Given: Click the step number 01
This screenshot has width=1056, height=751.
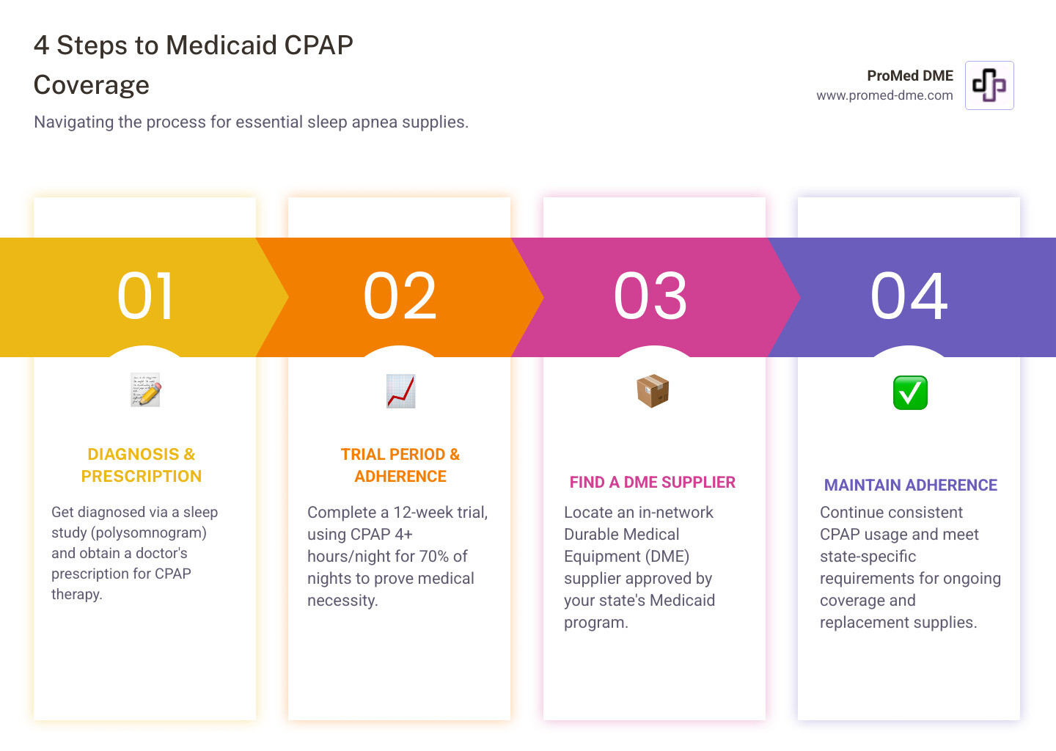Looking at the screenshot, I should click(145, 296).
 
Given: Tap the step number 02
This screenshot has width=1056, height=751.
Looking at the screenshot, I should click(400, 296).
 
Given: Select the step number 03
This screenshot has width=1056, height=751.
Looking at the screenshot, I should click(650, 296).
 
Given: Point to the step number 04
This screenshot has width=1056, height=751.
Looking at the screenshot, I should click(909, 296).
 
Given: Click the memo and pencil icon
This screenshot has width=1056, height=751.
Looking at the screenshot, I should click(145, 390).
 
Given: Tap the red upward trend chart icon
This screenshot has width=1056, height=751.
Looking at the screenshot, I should click(400, 391).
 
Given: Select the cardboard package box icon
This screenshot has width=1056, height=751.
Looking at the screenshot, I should click(653, 390).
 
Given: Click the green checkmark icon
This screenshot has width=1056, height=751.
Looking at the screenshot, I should click(909, 392).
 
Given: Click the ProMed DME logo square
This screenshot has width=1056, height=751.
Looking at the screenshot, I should click(989, 85).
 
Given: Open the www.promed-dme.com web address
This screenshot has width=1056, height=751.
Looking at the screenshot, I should click(884, 95).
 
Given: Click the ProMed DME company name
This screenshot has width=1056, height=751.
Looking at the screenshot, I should click(909, 76).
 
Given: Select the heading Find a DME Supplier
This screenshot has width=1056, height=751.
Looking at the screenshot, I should click(652, 483).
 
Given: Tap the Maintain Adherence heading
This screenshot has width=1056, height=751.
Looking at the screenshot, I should click(910, 486).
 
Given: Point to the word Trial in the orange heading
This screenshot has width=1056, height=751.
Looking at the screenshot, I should click(362, 455).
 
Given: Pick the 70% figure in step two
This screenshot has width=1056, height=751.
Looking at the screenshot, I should click(433, 557).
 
